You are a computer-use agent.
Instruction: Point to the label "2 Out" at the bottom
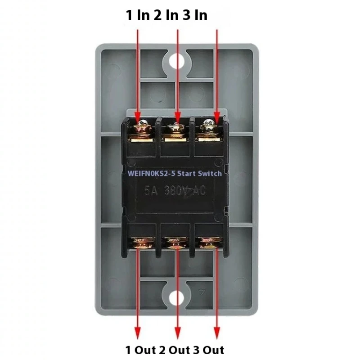coord(179,349)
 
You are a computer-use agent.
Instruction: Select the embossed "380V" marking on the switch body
coord(177,190)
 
